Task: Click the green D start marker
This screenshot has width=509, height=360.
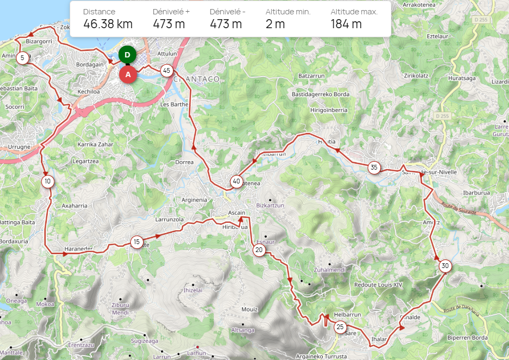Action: [x=127, y=54]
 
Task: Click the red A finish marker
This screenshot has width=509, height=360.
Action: [x=128, y=74]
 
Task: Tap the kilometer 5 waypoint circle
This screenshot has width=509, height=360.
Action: [x=22, y=58]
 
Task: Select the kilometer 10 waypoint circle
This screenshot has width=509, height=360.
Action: [x=48, y=182]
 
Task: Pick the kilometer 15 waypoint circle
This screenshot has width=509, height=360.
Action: [x=137, y=242]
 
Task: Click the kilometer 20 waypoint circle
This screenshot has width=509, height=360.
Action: [x=259, y=250]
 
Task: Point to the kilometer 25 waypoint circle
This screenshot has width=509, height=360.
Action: [x=340, y=327]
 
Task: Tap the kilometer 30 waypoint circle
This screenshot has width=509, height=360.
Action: [x=445, y=266]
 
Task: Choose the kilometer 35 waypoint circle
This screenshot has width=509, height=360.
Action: [x=374, y=168]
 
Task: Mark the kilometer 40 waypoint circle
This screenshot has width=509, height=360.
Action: [x=236, y=182]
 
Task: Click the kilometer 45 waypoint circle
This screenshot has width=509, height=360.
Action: [x=166, y=70]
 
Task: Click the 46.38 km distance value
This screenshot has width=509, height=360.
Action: [x=108, y=24]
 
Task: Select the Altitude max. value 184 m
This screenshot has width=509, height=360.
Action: [x=346, y=24]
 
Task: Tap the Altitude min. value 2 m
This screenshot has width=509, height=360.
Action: [x=275, y=24]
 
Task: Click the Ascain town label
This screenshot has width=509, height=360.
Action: [x=236, y=213]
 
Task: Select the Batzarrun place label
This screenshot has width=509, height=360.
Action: [x=312, y=76]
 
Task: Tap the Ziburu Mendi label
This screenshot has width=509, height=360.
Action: [x=121, y=308]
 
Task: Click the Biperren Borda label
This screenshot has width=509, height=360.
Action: [x=468, y=338]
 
